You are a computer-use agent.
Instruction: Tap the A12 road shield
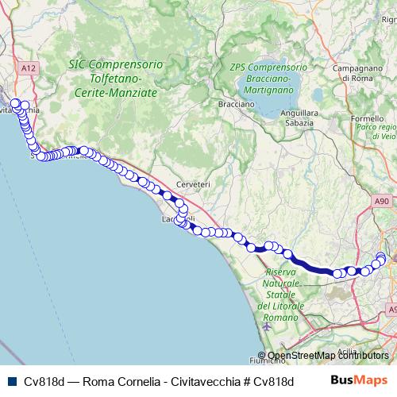tap(29, 69)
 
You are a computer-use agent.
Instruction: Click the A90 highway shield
tap(381, 202)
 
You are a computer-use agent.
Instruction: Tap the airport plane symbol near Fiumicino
tap(264, 327)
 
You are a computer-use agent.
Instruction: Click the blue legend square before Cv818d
tap(11, 380)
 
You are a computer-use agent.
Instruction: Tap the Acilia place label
tap(347, 350)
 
